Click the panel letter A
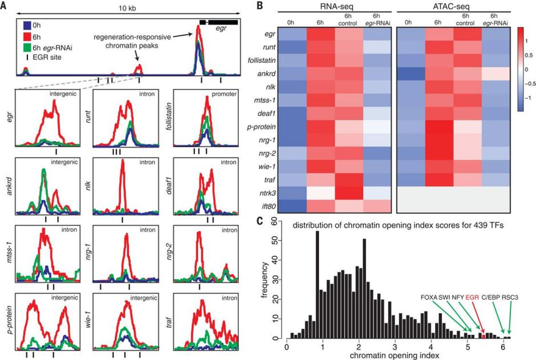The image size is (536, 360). click(4, 6)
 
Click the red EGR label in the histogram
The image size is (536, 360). click(474, 297)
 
